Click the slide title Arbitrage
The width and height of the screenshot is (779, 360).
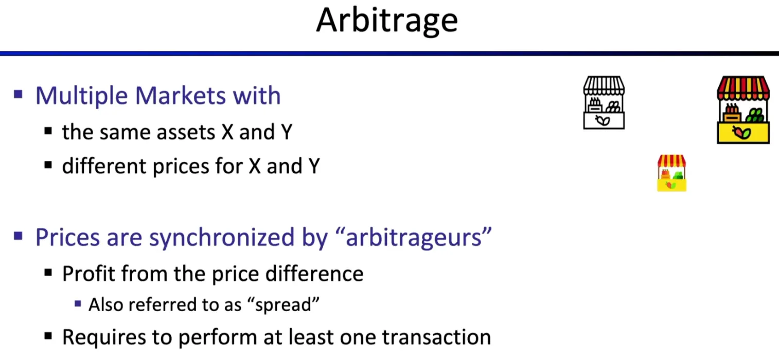pos(387,21)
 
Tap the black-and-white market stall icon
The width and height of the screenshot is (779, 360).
pos(604,103)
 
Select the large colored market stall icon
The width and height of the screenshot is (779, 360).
pos(743,110)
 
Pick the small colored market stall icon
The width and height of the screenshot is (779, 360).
pos(671,173)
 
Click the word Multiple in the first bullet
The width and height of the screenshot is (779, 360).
pos(81,96)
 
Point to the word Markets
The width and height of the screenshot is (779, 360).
pos(180,96)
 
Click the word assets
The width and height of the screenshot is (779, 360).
pos(186,132)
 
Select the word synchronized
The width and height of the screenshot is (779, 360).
pos(221,237)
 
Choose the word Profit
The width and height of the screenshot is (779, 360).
pos(88,274)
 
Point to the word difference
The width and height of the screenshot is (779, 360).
pos(314,274)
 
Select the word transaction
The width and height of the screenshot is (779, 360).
pos(436,337)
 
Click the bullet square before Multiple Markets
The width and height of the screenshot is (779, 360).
pos(18,94)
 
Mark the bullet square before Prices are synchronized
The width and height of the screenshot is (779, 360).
pos(18,236)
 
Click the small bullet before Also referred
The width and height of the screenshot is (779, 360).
pos(78,304)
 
